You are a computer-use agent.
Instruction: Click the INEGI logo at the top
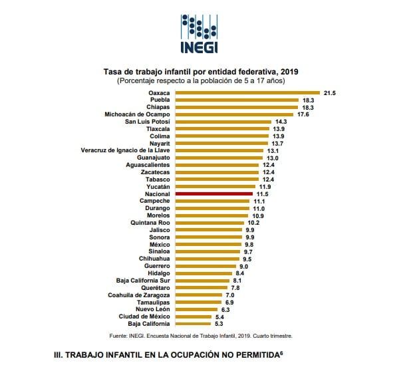[199, 31]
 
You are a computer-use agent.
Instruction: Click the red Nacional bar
[213, 193]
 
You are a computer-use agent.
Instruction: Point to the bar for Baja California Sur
[203, 280]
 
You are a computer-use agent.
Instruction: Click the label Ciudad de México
[144, 316]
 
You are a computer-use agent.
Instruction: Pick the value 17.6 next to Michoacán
[304, 114]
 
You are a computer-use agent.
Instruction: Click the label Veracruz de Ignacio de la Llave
[125, 150]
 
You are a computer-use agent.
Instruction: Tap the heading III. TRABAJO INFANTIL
[172, 355]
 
